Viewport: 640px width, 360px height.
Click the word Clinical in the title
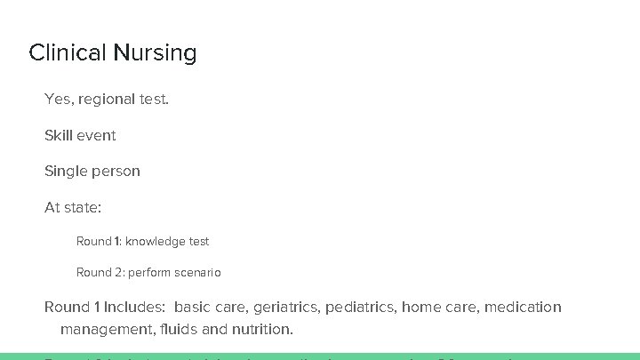click(x=68, y=52)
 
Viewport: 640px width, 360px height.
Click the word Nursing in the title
click(x=155, y=53)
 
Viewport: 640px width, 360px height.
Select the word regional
click(x=107, y=100)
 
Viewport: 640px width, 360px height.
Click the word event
click(x=97, y=135)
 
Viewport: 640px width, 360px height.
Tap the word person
click(x=116, y=171)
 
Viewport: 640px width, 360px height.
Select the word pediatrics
click(x=361, y=307)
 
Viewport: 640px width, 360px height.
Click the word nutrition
click(x=263, y=329)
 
